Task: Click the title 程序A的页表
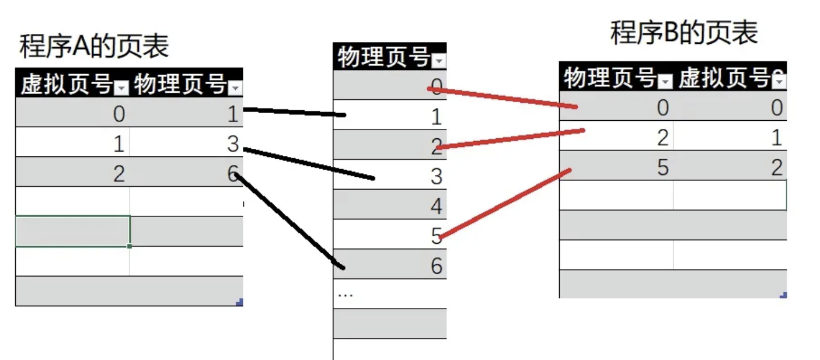point(94,46)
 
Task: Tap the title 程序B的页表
point(683,33)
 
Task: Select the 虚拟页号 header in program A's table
point(67,85)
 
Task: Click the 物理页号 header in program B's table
point(610,78)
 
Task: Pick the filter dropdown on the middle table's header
point(438,60)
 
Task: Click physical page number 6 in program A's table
point(233,174)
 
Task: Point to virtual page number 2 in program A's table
point(118,174)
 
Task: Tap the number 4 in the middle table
point(436,207)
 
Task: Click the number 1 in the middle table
point(436,118)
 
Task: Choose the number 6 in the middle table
point(436,266)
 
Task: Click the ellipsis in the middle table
point(346,294)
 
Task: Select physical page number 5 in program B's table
point(661,167)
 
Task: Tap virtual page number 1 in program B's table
point(776,138)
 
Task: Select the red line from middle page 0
point(502,98)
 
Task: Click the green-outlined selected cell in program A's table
point(72,232)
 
